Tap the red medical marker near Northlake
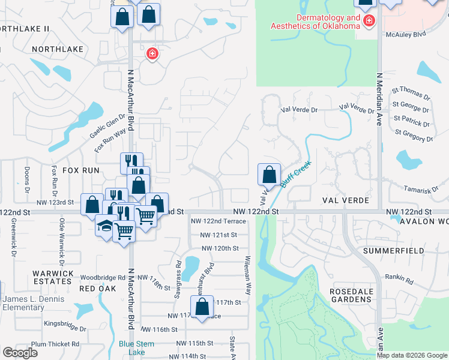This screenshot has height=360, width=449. [152, 54]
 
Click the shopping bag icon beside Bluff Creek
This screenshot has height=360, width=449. [270, 175]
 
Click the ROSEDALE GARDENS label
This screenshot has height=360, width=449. [351, 295]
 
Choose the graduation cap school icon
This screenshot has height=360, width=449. [104, 226]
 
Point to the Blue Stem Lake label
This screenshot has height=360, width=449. [137, 348]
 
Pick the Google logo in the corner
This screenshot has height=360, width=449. [20, 353]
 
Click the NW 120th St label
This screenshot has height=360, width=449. [220, 248]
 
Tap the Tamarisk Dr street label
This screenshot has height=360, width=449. [421, 190]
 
